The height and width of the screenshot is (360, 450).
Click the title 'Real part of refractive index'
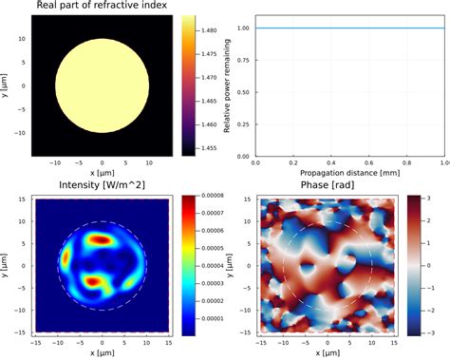103,8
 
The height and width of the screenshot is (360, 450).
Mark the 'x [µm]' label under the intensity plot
103,353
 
